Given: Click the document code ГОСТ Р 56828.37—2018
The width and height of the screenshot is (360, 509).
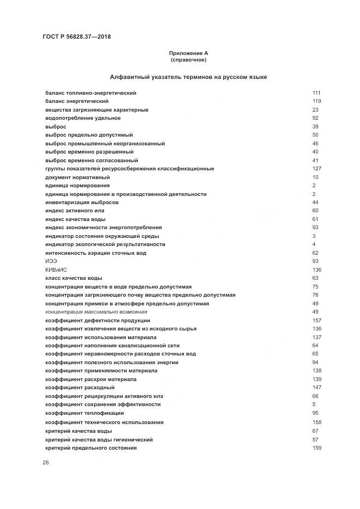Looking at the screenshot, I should point(76,37).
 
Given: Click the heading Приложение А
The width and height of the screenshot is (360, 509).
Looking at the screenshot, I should point(188,53).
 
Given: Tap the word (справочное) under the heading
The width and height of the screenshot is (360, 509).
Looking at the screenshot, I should point(188,59).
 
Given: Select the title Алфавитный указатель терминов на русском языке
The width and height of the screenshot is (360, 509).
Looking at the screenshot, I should point(188,77).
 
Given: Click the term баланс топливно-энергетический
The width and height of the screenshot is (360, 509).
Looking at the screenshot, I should point(90,93).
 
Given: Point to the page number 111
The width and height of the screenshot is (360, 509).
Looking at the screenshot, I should point(316,93).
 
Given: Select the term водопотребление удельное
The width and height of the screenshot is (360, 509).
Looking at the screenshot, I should point(83,118).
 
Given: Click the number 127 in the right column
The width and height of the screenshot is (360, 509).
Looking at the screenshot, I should point(316,169).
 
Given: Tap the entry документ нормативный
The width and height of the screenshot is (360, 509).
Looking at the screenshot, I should point(77,177).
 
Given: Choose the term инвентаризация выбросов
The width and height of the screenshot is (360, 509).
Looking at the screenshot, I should point(82,203).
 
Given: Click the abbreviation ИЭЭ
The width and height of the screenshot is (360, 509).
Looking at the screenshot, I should point(51,261).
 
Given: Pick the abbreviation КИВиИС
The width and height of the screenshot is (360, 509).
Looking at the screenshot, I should point(56,270).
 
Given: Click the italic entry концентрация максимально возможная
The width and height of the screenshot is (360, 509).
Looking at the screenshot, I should point(96,312).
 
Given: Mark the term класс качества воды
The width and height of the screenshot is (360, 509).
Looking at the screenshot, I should point(74,278).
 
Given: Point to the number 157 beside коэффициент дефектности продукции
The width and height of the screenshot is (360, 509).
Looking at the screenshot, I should point(316,321).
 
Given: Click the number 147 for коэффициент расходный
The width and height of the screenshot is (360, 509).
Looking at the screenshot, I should point(316,388).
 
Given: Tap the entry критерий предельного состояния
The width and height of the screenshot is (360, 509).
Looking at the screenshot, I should point(90,447).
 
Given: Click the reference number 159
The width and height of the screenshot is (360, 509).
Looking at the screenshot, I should point(316,447).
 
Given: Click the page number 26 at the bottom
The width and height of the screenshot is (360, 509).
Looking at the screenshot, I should point(46,463).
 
